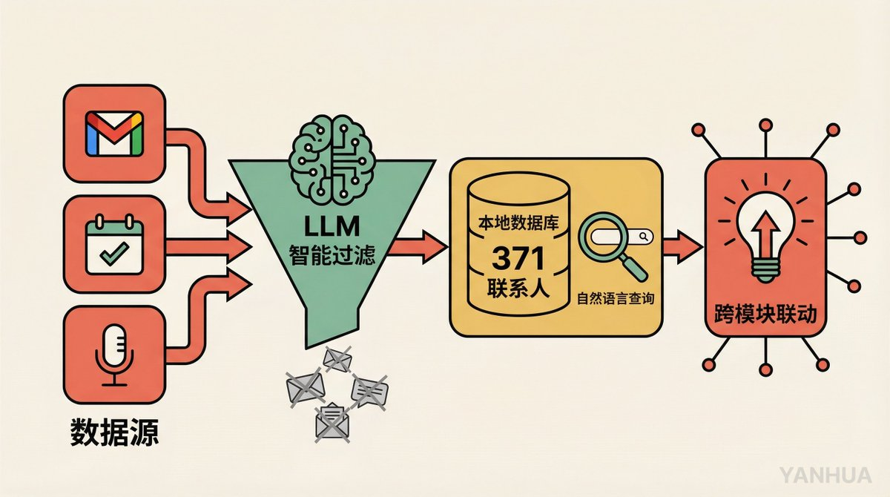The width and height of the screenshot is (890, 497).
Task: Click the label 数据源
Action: pyautogui.click(x=115, y=432)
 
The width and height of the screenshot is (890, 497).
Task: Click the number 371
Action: pyautogui.click(x=520, y=259)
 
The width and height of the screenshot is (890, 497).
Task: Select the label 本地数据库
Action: pyautogui.click(x=519, y=220)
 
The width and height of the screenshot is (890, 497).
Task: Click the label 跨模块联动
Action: pyautogui.click(x=764, y=316)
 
